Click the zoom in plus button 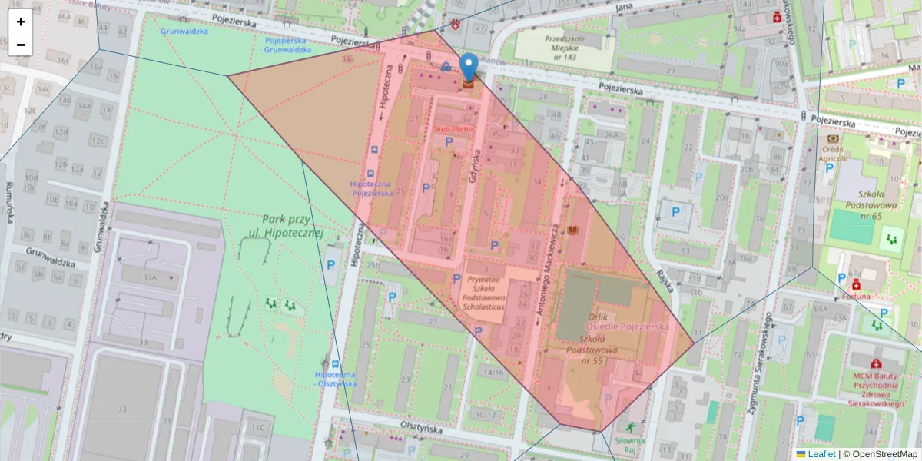click(21, 22)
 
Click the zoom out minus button click(21, 45)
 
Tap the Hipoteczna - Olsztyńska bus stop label click(335, 379)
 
